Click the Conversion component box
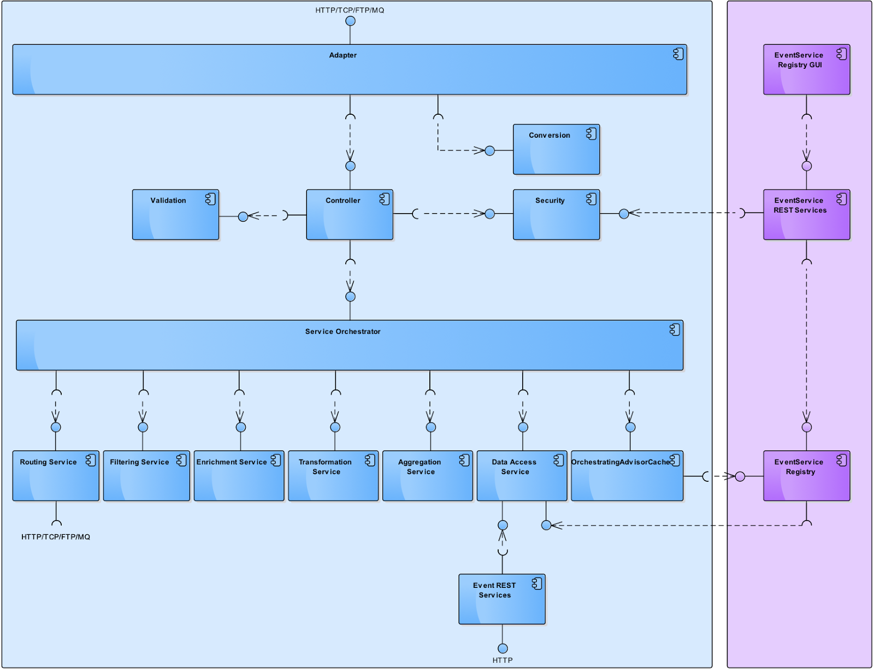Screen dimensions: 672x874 point(556,150)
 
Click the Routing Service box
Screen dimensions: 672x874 point(56,476)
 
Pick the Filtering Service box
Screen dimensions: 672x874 point(146,476)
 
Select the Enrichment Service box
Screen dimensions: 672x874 point(239,476)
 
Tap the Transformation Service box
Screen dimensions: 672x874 point(333,476)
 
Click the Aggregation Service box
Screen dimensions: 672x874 point(427,476)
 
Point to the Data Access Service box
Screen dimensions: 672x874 point(522,476)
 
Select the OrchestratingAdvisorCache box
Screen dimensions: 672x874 point(627,476)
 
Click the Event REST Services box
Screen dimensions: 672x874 point(501,599)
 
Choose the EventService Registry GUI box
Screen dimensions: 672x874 point(806,69)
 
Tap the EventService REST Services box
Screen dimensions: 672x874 point(806,215)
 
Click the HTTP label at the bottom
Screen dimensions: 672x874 point(502,660)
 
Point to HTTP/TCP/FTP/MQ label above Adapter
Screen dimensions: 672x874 point(350,10)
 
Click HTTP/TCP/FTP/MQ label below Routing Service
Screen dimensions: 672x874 point(56,537)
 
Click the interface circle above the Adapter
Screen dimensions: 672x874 point(350,21)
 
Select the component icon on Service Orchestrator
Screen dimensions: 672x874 point(675,329)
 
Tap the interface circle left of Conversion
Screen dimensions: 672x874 point(489,151)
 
